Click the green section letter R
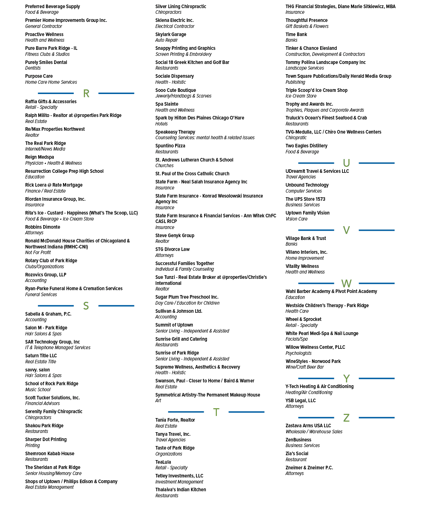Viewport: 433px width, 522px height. click(x=86, y=93)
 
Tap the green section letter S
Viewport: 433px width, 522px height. click(x=86, y=306)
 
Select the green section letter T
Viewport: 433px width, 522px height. click(x=216, y=412)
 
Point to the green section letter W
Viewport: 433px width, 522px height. click(x=346, y=283)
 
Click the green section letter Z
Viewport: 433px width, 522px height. click(x=346, y=418)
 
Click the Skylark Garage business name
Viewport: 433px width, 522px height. click(x=171, y=35)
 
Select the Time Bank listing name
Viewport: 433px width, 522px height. click(x=296, y=35)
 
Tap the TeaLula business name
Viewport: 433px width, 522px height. click(x=163, y=462)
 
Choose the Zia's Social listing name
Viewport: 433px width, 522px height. click(x=297, y=453)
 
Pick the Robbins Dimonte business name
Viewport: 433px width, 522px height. click(x=42, y=227)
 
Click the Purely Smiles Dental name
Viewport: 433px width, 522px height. click(x=46, y=63)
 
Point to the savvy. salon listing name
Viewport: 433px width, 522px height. click(x=37, y=370)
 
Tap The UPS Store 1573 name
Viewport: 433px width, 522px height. click(x=305, y=199)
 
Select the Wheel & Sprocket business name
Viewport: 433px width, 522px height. click(x=304, y=319)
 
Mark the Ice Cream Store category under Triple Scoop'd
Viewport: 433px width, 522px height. click(x=301, y=96)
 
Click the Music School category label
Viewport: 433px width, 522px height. click(x=38, y=389)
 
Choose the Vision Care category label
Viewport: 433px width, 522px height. click(x=296, y=219)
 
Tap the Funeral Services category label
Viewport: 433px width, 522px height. click(x=41, y=294)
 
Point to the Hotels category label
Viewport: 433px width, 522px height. click(x=161, y=124)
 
